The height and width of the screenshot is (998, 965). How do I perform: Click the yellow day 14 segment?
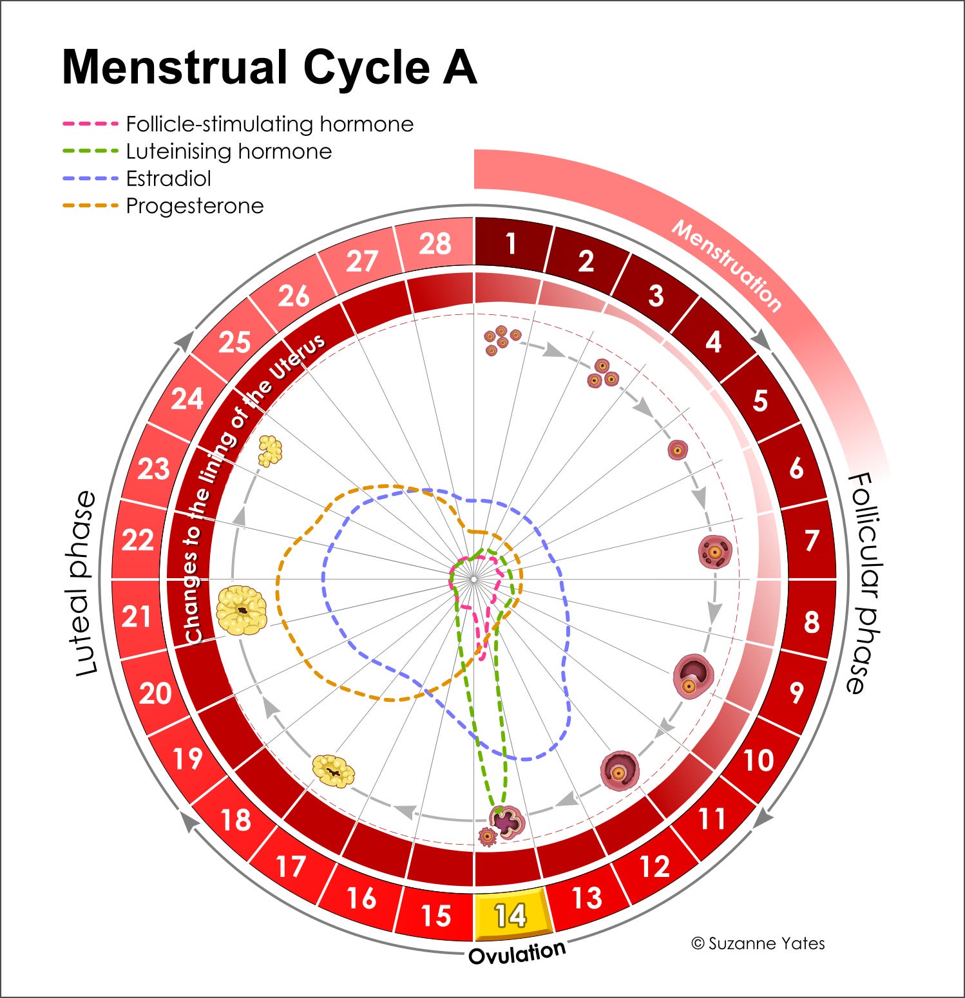point(511,914)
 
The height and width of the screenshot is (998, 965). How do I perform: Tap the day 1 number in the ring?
point(511,244)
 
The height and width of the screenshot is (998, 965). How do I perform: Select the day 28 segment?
point(435,244)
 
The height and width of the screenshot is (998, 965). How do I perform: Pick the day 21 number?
point(137,616)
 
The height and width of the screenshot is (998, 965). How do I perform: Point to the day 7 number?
point(812,541)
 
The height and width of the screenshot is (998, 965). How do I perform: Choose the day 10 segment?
point(758,760)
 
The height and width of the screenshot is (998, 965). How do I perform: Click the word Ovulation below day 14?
point(517,952)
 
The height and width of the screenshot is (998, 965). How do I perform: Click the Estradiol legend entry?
point(168,178)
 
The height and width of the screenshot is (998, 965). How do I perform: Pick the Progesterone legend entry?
point(195,206)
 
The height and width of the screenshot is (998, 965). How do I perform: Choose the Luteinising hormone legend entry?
point(229,151)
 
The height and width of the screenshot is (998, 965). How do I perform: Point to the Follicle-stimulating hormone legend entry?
point(269,124)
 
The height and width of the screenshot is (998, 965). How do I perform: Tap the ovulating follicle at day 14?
point(507,821)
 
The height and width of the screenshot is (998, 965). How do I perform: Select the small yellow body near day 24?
point(270,450)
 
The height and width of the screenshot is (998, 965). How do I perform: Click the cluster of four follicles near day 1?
point(501,340)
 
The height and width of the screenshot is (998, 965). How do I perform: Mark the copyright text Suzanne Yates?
point(758,943)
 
